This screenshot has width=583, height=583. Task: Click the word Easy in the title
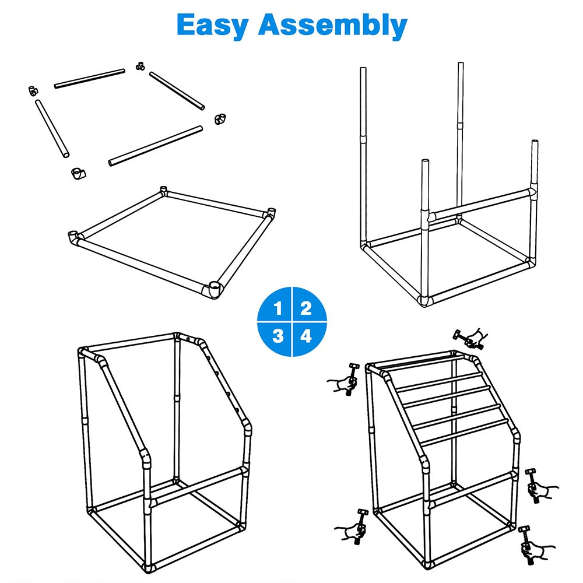(212, 25)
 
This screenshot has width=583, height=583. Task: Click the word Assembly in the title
(333, 25)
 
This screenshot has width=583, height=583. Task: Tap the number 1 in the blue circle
(278, 308)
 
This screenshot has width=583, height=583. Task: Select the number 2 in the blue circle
(305, 308)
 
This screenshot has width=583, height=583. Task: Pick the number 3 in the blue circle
(278, 336)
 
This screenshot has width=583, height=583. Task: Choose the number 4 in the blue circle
(305, 336)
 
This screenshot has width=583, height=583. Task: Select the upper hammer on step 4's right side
(533, 486)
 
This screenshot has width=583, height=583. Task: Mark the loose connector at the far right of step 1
(220, 118)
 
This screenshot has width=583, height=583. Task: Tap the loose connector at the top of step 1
(140, 66)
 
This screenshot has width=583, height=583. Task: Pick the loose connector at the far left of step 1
(33, 90)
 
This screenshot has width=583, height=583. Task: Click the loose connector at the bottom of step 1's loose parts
(78, 173)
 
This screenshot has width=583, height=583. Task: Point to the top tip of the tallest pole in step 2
(461, 63)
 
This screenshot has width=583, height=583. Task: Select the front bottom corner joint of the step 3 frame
(148, 567)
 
